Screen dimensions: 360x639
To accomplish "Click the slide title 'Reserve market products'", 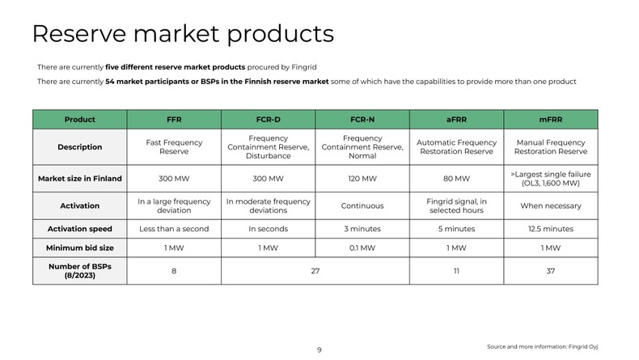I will click(x=182, y=34).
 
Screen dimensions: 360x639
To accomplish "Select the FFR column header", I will click(x=174, y=119).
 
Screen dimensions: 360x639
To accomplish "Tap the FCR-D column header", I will click(x=268, y=119).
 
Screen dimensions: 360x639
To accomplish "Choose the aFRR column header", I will click(x=457, y=119).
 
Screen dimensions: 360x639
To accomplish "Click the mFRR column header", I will click(x=551, y=119).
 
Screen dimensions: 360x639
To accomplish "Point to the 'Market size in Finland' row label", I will click(x=79, y=178).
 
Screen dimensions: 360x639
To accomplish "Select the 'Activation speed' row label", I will click(x=79, y=229).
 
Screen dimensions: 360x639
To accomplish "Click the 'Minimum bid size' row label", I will click(x=79, y=248).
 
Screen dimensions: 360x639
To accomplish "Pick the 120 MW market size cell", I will click(x=362, y=178).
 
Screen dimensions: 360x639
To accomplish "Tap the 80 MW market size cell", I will click(x=457, y=178).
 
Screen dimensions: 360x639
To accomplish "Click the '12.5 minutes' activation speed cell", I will click(x=551, y=229).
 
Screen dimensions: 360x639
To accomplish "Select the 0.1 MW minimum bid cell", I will click(x=362, y=248).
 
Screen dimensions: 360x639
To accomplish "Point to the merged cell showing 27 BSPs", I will click(x=315, y=271).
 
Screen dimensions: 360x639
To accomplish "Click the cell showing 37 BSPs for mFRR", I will click(x=551, y=271).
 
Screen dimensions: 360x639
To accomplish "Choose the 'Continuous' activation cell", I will click(x=362, y=206).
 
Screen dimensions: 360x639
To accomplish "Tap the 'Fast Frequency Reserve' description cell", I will click(x=174, y=147).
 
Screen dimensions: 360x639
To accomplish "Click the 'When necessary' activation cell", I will click(x=551, y=206).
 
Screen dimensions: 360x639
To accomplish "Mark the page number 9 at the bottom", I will click(x=319, y=349).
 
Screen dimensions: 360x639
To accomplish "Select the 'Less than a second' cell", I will click(x=174, y=229).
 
